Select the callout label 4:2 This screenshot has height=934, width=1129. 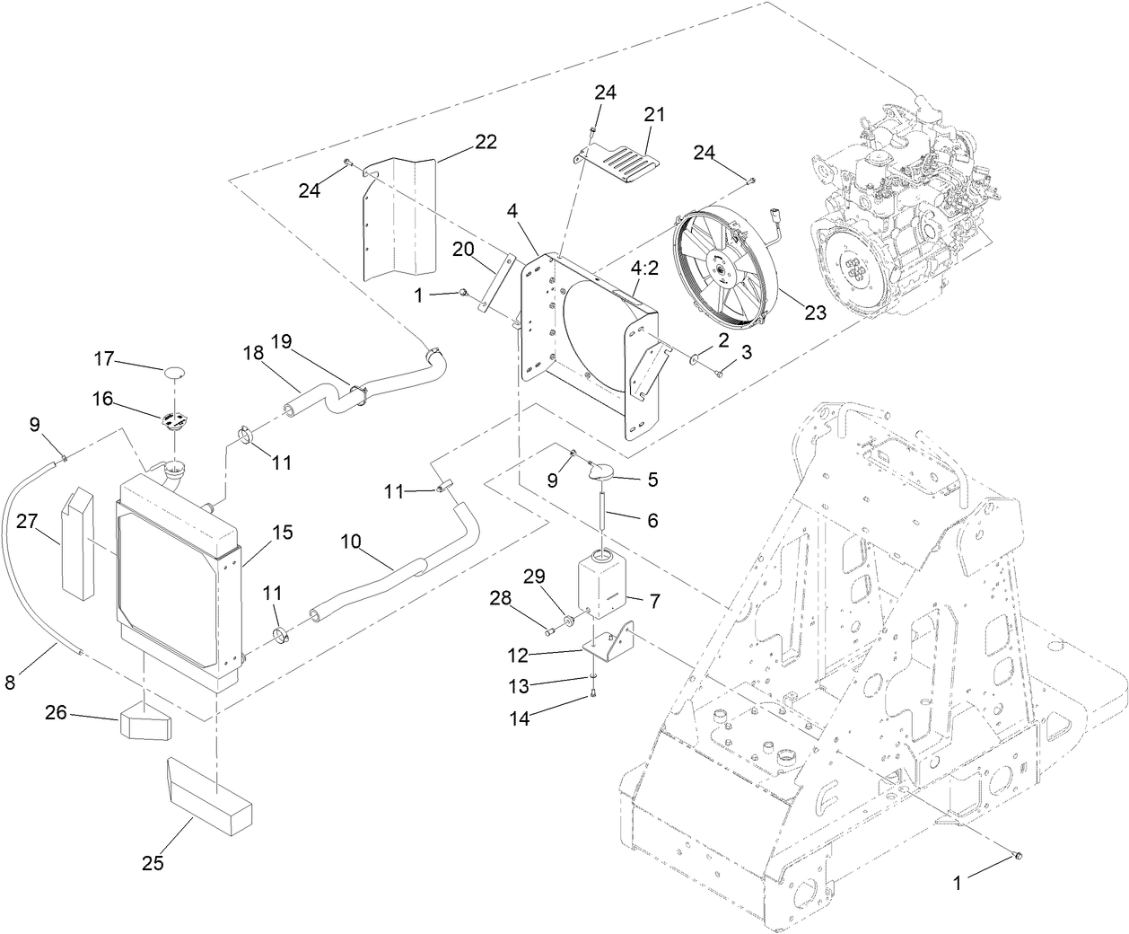coord(646,269)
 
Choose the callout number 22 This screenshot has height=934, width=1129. coord(486,142)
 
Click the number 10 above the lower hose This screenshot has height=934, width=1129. coord(351,542)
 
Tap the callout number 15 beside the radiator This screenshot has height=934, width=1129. coord(282,533)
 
